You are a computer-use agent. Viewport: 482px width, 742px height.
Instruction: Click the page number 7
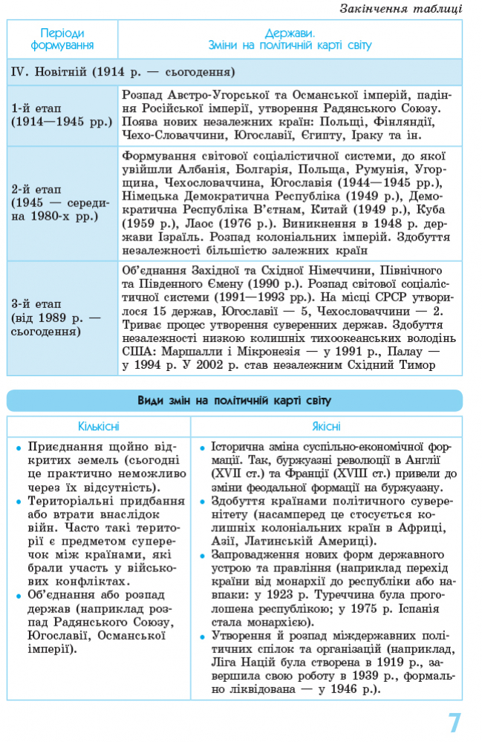(454, 722)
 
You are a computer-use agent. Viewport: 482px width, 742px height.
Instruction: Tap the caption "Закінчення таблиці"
(400, 9)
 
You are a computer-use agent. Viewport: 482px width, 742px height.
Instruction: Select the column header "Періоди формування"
(62, 39)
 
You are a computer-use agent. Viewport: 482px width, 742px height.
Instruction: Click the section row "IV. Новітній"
(123, 73)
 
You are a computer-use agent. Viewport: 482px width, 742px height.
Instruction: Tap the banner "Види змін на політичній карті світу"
(235, 401)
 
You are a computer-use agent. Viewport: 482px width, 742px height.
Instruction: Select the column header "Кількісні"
(99, 427)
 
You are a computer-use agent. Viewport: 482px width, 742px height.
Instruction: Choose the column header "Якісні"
(326, 427)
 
